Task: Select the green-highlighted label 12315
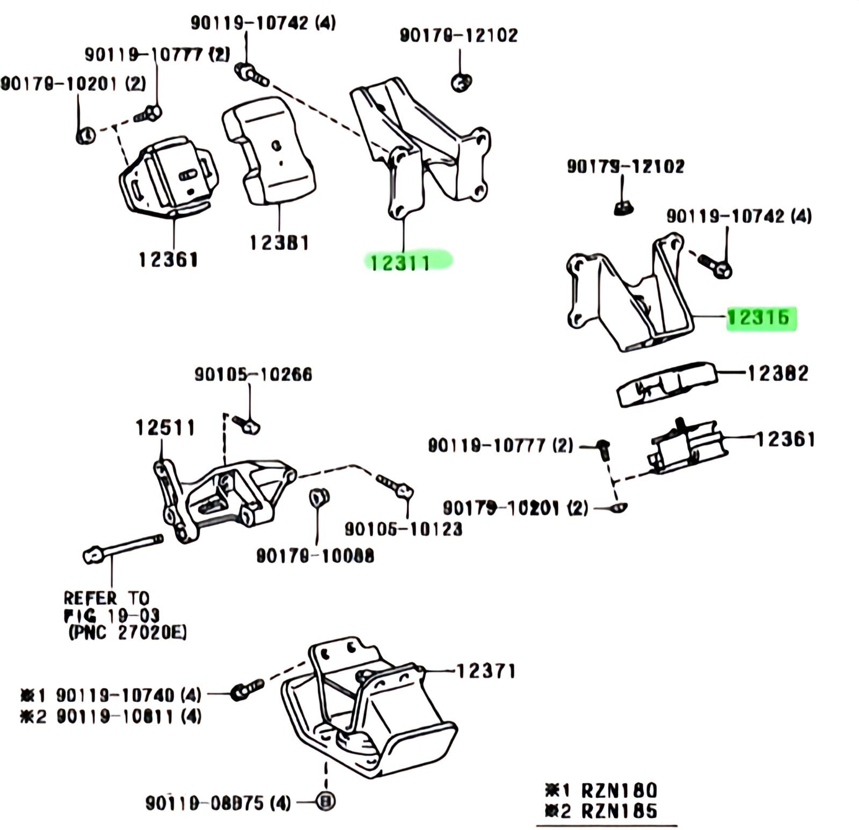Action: point(759,317)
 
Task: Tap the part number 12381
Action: point(279,242)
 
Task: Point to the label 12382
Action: point(778,373)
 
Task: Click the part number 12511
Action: point(165,428)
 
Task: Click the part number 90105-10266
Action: point(253,374)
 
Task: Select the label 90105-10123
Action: point(403,529)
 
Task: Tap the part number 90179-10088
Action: point(315,555)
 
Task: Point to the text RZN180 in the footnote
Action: point(618,790)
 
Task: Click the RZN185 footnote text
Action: point(618,811)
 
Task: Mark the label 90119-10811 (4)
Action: point(129,716)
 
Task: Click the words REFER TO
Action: point(105,598)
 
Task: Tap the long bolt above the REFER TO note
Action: point(123,546)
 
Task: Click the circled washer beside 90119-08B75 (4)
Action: point(325,802)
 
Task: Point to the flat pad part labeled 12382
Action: point(666,383)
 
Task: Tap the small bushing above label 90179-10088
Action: point(319,498)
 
